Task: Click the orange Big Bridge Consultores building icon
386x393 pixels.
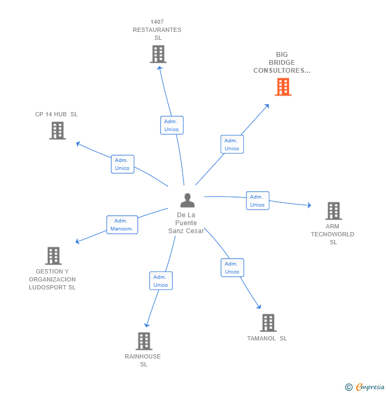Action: (283, 87)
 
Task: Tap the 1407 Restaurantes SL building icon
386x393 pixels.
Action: (158, 54)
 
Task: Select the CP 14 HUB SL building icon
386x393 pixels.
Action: (57, 130)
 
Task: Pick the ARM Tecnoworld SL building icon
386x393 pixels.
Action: (333, 210)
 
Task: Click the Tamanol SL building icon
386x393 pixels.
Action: (268, 322)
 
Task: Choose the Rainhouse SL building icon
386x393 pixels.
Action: (144, 341)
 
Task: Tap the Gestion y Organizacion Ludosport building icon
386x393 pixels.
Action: (53, 255)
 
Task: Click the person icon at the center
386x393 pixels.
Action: (187, 200)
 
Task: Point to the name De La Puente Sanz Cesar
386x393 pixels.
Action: (186, 223)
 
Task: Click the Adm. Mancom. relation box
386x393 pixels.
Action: (122, 225)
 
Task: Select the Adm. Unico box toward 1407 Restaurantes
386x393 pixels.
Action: (171, 125)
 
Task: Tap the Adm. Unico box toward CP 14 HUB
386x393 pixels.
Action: (122, 164)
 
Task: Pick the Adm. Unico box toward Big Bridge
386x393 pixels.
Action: (232, 144)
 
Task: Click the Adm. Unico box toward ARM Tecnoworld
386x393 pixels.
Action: (257, 201)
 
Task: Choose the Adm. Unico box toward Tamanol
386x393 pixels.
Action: (232, 268)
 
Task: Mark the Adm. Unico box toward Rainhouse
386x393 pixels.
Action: (161, 281)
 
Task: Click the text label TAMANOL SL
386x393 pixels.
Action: (267, 338)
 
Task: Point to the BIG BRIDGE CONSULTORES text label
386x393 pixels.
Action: (282, 63)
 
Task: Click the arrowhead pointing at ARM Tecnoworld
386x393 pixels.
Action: (309, 205)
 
